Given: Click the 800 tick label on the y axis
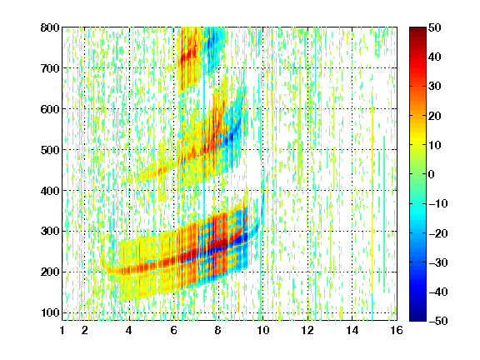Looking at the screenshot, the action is (x=50, y=27).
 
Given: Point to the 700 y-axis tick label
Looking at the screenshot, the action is (x=50, y=68).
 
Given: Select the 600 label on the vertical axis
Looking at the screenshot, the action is (x=50, y=109).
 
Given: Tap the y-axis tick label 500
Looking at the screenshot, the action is (x=50, y=150).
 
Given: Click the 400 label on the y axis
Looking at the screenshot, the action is (x=50, y=191).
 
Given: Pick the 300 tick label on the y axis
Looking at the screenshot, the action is (x=50, y=232).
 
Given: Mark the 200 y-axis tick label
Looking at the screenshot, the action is (x=50, y=272).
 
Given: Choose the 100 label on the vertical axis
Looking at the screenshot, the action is (x=50, y=312).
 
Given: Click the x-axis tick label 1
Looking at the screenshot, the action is (x=62, y=330).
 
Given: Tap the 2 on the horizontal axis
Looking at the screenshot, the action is (x=85, y=330).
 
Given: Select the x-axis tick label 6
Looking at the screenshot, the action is (x=174, y=330).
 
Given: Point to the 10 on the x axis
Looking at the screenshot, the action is (x=263, y=330).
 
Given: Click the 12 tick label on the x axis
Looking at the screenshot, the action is (x=307, y=330).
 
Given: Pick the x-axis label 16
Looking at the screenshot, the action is (x=397, y=330).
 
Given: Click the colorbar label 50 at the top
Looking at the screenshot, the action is (x=434, y=27).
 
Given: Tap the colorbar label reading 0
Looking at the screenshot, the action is (x=432, y=174).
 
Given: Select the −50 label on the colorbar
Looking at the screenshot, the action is (x=438, y=321).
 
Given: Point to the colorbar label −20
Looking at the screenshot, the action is (x=438, y=233).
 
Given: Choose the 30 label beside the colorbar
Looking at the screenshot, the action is (x=434, y=87).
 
